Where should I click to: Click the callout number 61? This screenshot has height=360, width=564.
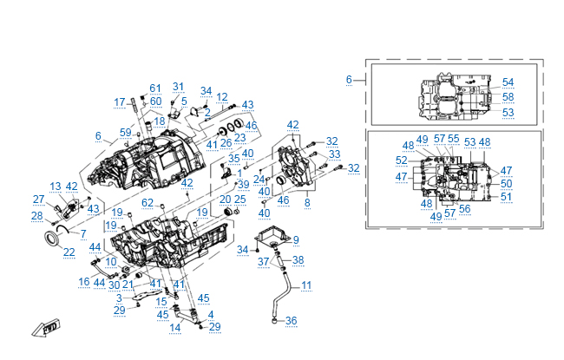(155, 88)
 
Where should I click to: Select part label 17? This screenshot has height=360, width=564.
(120, 102)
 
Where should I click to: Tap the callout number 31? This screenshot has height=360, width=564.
(178, 87)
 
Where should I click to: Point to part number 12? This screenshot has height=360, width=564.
(222, 97)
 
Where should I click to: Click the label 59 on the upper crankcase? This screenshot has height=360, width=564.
(127, 132)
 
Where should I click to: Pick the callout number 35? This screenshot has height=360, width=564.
(234, 160)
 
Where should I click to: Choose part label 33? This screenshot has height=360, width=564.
(334, 154)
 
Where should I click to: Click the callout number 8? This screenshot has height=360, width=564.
(306, 202)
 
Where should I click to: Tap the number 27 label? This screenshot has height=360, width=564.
(38, 200)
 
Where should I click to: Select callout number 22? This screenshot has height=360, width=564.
(69, 252)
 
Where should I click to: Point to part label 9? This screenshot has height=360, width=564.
(296, 239)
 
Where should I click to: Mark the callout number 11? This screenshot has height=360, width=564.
(306, 285)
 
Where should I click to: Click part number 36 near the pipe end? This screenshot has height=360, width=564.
(292, 321)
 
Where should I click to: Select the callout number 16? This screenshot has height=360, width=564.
(84, 282)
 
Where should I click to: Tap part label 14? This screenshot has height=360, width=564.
(175, 327)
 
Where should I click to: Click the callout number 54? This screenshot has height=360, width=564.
(508, 82)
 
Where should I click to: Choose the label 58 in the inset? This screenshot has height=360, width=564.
(508, 97)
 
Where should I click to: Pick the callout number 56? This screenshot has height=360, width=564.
(464, 208)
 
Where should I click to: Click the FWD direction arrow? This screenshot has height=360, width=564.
(41, 329)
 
